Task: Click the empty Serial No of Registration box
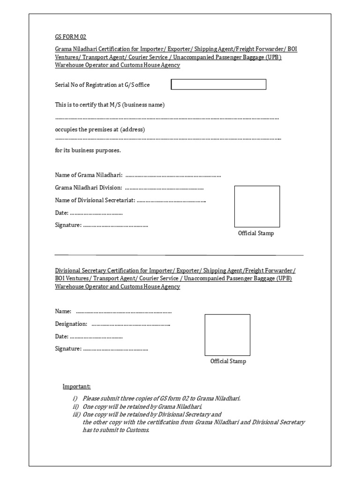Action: coord(218,84)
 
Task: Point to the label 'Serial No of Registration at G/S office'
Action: coord(103,85)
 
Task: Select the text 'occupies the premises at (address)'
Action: coord(100,129)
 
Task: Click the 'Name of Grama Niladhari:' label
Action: coord(89,175)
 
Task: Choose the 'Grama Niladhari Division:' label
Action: coord(89,187)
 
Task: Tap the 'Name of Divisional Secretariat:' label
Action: coord(95,200)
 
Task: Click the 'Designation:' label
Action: coord(71,324)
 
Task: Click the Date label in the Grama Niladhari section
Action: coord(62,213)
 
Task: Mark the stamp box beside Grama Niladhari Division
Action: coord(257,206)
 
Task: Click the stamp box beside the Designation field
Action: coord(227,335)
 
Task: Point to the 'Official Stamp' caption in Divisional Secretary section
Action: coord(228,361)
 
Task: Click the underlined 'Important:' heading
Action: coord(77,387)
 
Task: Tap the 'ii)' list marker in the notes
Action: coord(74,406)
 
